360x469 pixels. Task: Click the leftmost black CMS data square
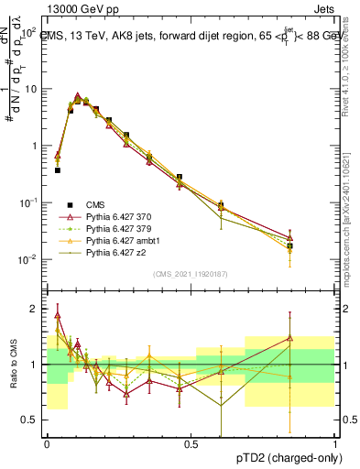tap(58, 170)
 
